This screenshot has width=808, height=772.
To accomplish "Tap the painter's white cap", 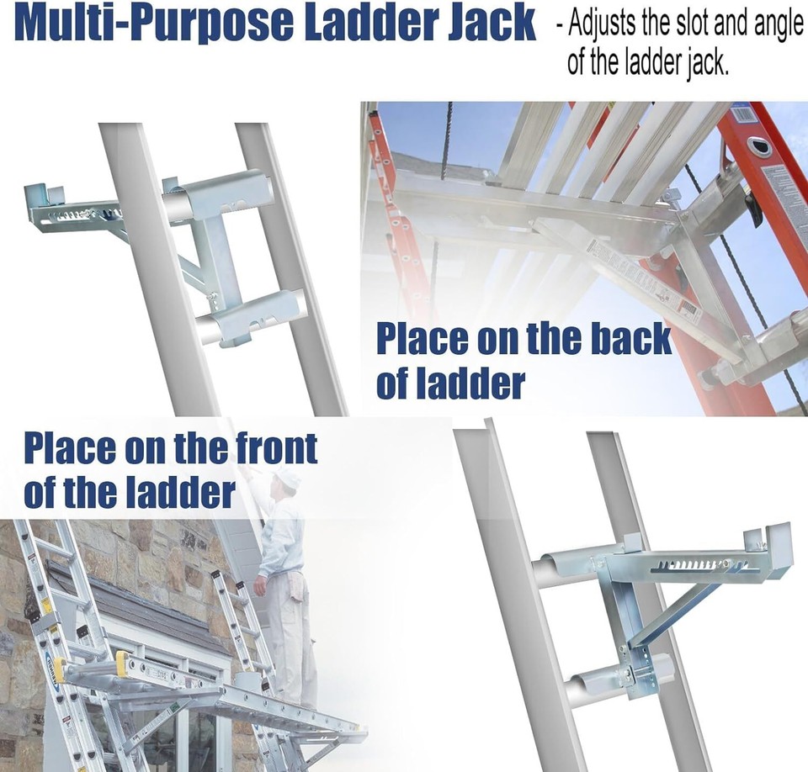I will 287,479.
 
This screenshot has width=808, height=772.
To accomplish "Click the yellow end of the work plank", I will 120,664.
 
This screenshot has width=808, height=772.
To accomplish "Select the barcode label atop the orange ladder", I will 745,114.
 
